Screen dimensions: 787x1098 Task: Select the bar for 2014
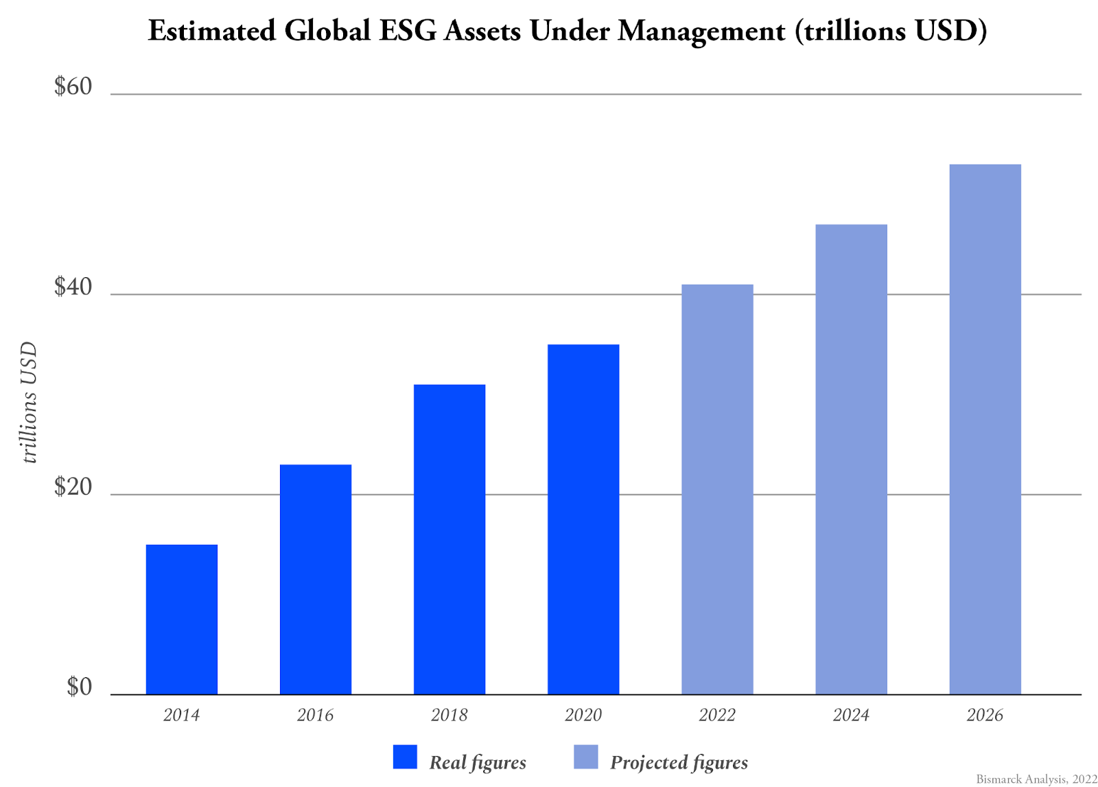pyautogui.click(x=182, y=619)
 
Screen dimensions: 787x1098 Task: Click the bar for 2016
pyautogui.click(x=316, y=579)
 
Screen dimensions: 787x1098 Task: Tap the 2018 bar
pyautogui.click(x=449, y=539)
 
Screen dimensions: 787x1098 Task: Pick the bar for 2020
pyautogui.click(x=583, y=519)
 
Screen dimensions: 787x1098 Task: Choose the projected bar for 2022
pyautogui.click(x=717, y=489)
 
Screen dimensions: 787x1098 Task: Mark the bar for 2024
pyautogui.click(x=851, y=459)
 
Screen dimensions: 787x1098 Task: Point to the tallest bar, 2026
pyautogui.click(x=985, y=429)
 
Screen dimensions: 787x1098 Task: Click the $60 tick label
pyautogui.click(x=73, y=87)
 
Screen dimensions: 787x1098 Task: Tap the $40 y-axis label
pyautogui.click(x=73, y=287)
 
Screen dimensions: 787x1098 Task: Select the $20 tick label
pyautogui.click(x=73, y=487)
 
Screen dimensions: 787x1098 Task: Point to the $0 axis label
pyautogui.click(x=79, y=687)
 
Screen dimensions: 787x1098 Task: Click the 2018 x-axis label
pyautogui.click(x=449, y=715)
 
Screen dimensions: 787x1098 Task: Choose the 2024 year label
pyautogui.click(x=851, y=715)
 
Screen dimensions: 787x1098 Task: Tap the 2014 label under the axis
pyautogui.click(x=181, y=715)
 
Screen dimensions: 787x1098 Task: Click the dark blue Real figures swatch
pyautogui.click(x=405, y=757)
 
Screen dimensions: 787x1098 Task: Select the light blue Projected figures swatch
pyautogui.click(x=585, y=757)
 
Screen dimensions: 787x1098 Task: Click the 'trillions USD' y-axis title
pyautogui.click(x=29, y=403)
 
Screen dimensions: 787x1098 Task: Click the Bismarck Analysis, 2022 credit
pyautogui.click(x=1036, y=779)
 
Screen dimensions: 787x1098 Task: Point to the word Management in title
pyautogui.click(x=701, y=31)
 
